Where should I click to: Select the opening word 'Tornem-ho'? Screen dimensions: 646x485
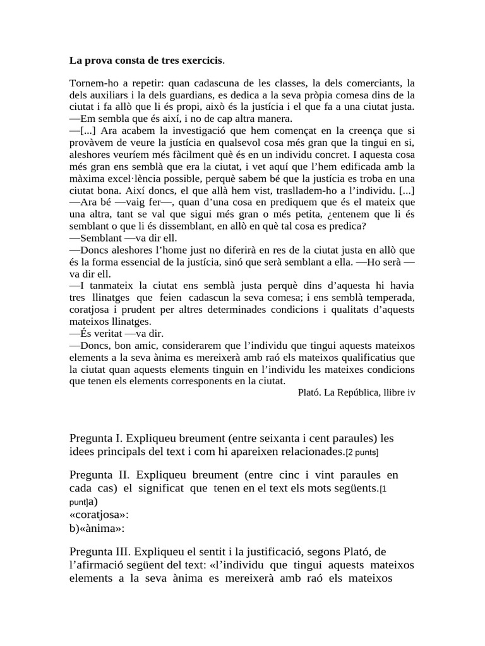click(92, 84)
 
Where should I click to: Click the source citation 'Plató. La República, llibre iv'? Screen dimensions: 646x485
click(356, 392)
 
